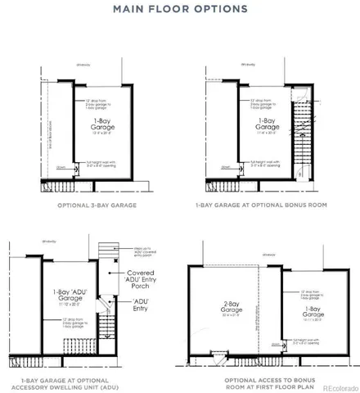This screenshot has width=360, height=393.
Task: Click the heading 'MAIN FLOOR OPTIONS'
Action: click(x=180, y=10)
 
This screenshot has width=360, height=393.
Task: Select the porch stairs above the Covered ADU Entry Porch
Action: click(x=104, y=251)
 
